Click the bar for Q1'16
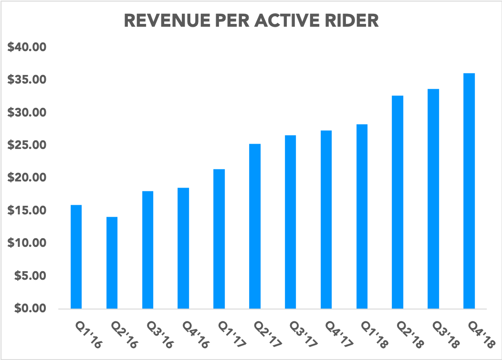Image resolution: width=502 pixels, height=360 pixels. coord(76,257)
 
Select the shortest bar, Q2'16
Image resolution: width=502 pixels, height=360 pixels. coord(112,263)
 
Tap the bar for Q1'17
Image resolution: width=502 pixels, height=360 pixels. coord(219,239)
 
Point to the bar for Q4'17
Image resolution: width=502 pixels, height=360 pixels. coord(326,219)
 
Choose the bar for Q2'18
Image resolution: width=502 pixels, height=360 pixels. coord(397,202)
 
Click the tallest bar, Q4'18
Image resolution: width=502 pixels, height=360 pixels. coord(469,191)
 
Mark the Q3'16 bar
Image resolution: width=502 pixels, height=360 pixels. coord(147,250)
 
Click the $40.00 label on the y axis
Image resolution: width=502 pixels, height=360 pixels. coord(26,47)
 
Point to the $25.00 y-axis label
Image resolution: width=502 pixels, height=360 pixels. coord(26,145)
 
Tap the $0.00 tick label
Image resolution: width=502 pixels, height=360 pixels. coord(29,308)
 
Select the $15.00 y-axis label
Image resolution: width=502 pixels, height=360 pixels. coord(26,211)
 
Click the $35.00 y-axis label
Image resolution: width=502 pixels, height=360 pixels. coord(26,80)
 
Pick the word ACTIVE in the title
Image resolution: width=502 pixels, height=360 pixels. coord(293,21)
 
